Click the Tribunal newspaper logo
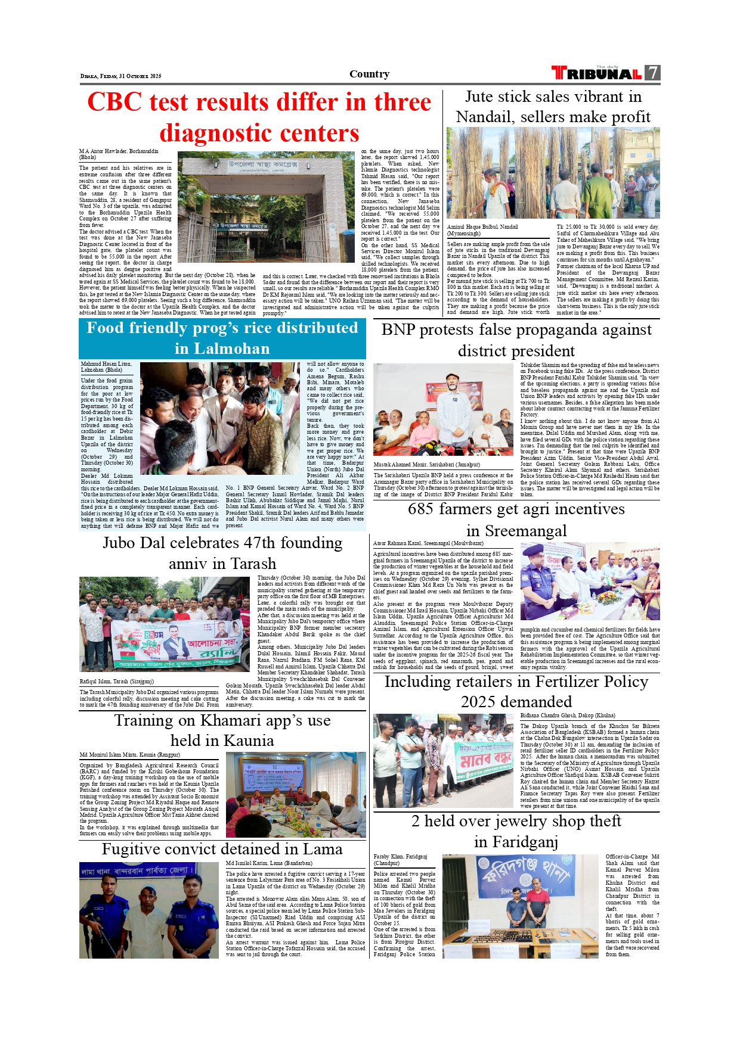tap(596, 73)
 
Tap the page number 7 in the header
tap(654, 73)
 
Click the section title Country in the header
tap(369, 74)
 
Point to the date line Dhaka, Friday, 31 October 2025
tap(121, 76)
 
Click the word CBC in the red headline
tap(114, 102)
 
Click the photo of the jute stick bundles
tap(553, 173)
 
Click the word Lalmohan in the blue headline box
tap(222, 349)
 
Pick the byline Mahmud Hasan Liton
tap(106, 363)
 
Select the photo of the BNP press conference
tap(443, 410)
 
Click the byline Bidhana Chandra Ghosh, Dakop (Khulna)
tap(567, 715)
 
